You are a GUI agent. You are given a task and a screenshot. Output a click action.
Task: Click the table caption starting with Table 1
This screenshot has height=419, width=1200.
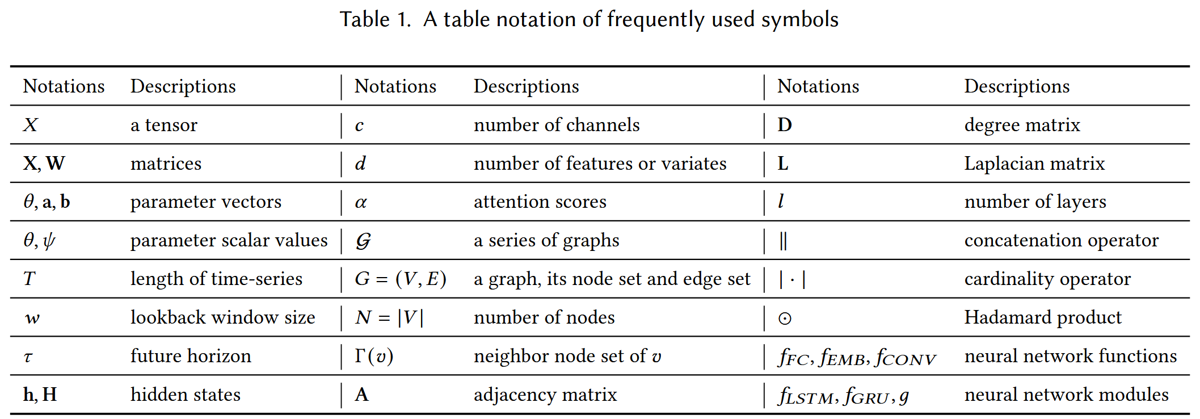(x=589, y=19)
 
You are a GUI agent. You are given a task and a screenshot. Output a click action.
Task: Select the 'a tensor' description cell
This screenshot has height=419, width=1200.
(x=164, y=125)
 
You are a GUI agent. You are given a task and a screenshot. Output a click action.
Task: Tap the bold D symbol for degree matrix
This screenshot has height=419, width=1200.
(x=785, y=125)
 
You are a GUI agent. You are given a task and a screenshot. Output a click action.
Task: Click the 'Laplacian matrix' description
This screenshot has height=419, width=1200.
(x=1034, y=164)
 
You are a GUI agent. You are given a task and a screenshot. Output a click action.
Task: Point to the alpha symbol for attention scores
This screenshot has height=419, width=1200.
(x=361, y=203)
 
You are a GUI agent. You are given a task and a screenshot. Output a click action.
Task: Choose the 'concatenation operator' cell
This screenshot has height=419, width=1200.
(x=1061, y=241)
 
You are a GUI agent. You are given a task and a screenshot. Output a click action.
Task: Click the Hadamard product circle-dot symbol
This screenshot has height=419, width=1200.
(x=785, y=319)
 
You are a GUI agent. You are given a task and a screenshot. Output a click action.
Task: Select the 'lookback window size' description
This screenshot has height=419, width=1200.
(x=223, y=317)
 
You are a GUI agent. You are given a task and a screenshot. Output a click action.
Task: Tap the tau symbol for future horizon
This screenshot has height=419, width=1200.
(x=28, y=357)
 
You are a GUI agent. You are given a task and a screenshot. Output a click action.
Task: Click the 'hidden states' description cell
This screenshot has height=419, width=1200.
(x=186, y=395)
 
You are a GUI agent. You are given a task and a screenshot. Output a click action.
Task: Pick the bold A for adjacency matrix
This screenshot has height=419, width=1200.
(x=361, y=395)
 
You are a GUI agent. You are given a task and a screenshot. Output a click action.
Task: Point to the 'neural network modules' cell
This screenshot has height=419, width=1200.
(x=1066, y=395)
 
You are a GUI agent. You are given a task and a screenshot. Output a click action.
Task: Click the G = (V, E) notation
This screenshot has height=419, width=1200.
(x=401, y=279)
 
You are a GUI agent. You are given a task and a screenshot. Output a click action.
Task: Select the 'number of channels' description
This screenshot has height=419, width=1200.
(x=557, y=125)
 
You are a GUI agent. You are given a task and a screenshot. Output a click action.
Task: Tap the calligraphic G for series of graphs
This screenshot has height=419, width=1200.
(x=363, y=241)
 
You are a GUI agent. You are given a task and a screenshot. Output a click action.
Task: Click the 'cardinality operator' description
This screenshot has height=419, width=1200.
(x=1047, y=279)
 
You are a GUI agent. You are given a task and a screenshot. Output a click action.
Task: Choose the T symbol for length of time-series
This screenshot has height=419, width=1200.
(x=30, y=279)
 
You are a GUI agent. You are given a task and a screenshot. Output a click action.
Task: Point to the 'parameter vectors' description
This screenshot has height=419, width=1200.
(x=206, y=202)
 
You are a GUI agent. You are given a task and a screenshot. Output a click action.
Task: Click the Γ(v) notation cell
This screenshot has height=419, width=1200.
(x=374, y=356)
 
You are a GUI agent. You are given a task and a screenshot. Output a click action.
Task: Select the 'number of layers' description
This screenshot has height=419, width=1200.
(x=1035, y=202)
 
